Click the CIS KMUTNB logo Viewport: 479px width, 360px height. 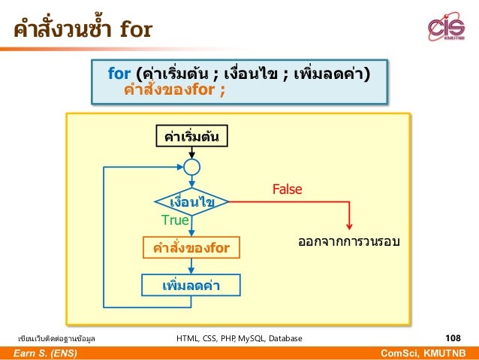coord(446,29)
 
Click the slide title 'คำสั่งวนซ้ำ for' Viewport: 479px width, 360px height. coord(82,30)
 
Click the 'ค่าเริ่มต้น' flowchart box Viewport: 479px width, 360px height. coord(191,137)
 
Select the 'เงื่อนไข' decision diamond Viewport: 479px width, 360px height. coord(191,202)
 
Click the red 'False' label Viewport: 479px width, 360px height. coord(287,189)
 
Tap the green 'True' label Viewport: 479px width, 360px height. coord(175,220)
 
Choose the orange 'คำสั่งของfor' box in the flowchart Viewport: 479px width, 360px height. coord(191,248)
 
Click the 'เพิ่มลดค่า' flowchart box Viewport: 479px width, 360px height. coord(191,286)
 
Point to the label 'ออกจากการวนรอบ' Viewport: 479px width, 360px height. coord(348,243)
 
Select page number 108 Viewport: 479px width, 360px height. coord(453,338)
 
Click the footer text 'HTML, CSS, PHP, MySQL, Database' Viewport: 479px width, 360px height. coord(239,339)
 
